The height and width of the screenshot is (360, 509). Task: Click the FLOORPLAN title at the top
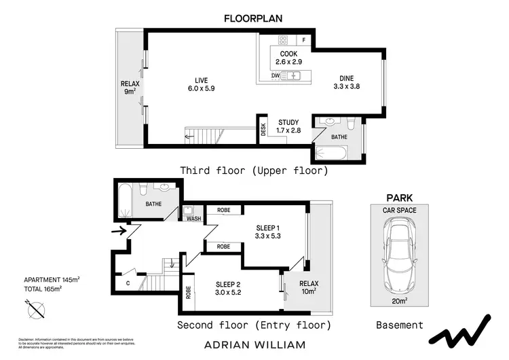(x=253, y=18)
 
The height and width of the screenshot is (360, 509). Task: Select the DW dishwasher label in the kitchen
(x=276, y=76)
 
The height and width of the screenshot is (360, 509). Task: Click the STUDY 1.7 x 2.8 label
(x=288, y=126)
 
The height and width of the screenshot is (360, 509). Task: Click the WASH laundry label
(x=193, y=219)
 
